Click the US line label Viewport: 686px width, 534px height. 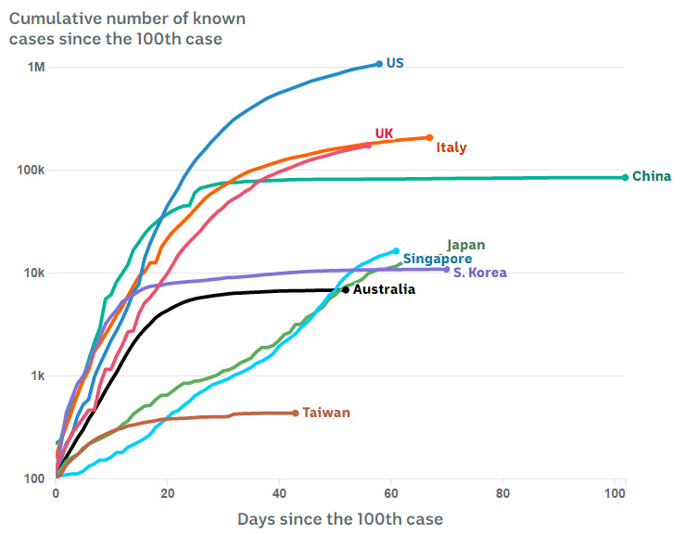pyautogui.click(x=395, y=63)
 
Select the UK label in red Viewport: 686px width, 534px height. pyautogui.click(x=384, y=133)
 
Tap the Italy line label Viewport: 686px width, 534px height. pyautogui.click(x=451, y=147)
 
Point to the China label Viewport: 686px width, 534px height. pyautogui.click(x=652, y=176)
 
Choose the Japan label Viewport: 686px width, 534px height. pyautogui.click(x=465, y=245)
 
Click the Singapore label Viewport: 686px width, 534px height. pyautogui.click(x=437, y=259)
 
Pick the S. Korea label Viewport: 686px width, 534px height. pyautogui.click(x=480, y=273)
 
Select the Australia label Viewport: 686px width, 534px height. pyautogui.click(x=385, y=289)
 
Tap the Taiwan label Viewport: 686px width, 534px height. pyautogui.click(x=326, y=413)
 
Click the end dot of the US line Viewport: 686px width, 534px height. pyautogui.click(x=379, y=64)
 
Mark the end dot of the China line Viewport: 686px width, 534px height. pyautogui.click(x=625, y=177)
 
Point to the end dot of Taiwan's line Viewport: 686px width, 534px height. pyautogui.click(x=296, y=413)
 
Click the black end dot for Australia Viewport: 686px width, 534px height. pyautogui.click(x=346, y=289)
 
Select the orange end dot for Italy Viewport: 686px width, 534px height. pyautogui.click(x=429, y=137)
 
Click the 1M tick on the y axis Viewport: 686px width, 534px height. pyautogui.click(x=36, y=68)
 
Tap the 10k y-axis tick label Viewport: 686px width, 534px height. pyautogui.click(x=35, y=273)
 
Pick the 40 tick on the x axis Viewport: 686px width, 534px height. pyautogui.click(x=280, y=492)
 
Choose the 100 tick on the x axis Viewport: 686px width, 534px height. pyautogui.click(x=615, y=492)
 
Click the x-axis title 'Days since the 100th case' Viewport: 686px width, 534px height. pyautogui.click(x=340, y=518)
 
